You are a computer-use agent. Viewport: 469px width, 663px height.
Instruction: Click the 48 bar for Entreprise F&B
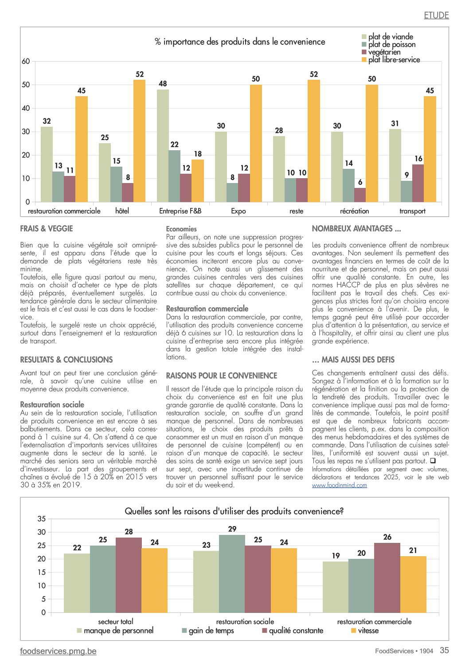coord(163,146)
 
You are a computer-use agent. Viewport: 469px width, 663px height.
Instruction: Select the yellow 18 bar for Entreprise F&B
coord(198,181)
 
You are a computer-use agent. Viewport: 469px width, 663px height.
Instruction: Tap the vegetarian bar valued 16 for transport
coord(418,183)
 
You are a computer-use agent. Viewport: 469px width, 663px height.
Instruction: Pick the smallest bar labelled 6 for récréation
coord(360,195)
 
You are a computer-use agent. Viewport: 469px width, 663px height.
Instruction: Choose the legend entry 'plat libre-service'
coord(391,60)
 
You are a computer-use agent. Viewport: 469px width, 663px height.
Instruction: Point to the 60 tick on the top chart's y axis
coord(26,61)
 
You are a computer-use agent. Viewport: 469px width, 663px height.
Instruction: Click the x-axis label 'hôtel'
coord(122,211)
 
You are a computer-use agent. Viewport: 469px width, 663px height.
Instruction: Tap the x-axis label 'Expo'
coord(238,211)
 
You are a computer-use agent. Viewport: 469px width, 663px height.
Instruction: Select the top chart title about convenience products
coord(240,42)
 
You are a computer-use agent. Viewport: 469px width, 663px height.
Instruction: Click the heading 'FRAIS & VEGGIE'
coord(47,229)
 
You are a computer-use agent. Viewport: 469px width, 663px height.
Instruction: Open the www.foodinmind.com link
coord(339,485)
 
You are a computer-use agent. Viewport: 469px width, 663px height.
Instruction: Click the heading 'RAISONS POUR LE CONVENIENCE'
coord(222,376)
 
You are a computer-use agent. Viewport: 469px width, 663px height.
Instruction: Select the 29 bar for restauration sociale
coord(232,573)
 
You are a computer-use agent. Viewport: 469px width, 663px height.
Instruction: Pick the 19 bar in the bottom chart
coord(336,587)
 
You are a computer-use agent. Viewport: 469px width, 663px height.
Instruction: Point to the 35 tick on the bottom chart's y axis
coord(42,519)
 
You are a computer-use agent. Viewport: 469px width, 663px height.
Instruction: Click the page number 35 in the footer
coord(444,650)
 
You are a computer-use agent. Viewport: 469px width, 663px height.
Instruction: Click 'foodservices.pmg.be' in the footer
coord(58,651)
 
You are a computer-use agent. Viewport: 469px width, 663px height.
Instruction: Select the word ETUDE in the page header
coord(437,15)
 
